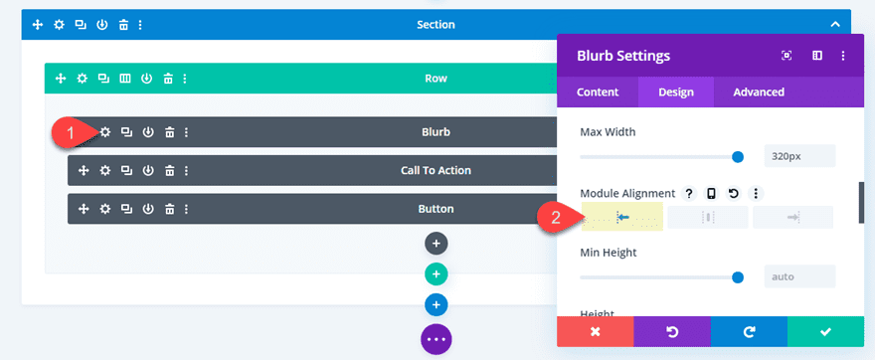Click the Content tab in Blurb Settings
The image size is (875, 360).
(598, 92)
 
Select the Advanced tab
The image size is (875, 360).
(759, 92)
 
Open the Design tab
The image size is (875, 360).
(675, 92)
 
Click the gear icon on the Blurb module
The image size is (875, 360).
(104, 132)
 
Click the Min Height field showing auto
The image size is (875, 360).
(799, 275)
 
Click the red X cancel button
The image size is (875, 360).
(595, 331)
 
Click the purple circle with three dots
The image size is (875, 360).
(436, 339)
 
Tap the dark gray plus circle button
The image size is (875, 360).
(436, 243)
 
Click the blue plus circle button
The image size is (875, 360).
(436, 304)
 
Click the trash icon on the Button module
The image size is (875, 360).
(169, 209)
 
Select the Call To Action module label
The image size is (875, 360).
(436, 170)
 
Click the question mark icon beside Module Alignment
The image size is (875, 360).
(689, 193)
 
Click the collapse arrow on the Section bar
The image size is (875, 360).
(836, 24)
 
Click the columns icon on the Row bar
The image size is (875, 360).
(125, 78)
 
